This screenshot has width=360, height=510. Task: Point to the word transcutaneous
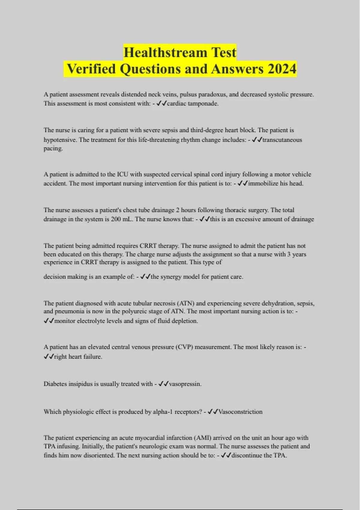[x=282, y=140]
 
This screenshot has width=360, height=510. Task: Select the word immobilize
[x=263, y=183]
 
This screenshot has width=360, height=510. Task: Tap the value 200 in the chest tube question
[x=116, y=219]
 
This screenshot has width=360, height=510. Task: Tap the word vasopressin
[x=185, y=384]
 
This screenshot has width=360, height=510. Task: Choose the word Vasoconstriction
[x=240, y=412]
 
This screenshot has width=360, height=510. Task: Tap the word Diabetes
[x=55, y=384]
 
